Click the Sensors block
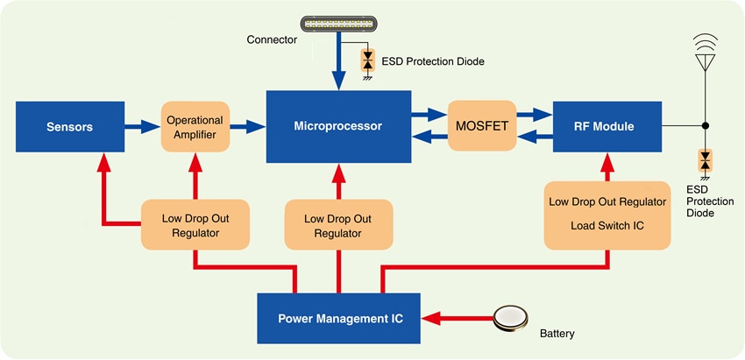(x=70, y=126)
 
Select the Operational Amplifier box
(x=195, y=126)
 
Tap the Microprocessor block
(x=337, y=126)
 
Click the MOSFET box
(x=481, y=126)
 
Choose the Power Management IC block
(x=339, y=318)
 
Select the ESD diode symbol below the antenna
(x=704, y=160)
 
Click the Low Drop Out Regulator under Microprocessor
(x=337, y=225)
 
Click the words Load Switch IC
(x=607, y=225)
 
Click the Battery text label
(x=557, y=334)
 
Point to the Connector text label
(x=271, y=39)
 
